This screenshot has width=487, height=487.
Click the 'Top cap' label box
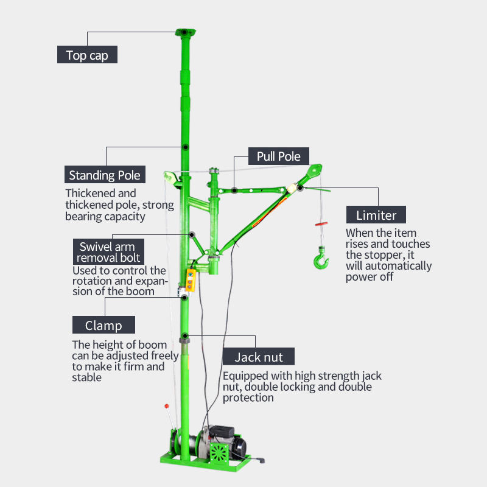coord(87,55)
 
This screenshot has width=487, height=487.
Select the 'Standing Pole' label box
coord(105,175)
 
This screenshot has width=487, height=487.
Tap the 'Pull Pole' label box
coord(278,156)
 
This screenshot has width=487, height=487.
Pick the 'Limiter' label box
coord(376,215)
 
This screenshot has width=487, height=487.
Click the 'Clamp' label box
coord(103,325)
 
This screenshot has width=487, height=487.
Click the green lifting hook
coord(321,259)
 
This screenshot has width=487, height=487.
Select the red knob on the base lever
coord(165,406)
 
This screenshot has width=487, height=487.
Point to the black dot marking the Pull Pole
coord(234,191)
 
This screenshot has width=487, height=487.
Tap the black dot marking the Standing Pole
coord(184,147)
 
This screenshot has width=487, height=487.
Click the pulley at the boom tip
coord(314,170)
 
